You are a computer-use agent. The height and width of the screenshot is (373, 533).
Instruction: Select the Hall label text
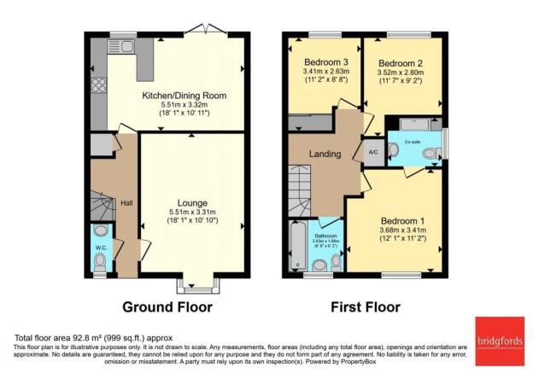(126, 203)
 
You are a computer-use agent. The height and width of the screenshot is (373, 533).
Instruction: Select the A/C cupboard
(373, 152)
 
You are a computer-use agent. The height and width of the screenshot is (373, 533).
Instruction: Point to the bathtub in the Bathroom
(296, 248)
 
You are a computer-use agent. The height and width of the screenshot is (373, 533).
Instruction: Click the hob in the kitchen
(98, 85)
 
